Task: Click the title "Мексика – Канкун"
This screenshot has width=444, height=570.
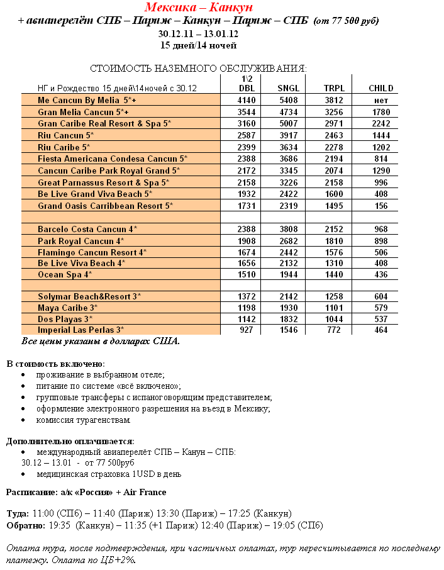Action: (x=199, y=8)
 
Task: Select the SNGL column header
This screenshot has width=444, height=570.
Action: (x=289, y=89)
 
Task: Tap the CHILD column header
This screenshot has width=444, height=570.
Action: (x=381, y=89)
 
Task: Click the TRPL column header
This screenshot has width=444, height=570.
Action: (x=334, y=89)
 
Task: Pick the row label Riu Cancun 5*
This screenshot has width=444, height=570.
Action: (x=65, y=135)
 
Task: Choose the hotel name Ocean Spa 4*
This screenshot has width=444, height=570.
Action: (x=65, y=275)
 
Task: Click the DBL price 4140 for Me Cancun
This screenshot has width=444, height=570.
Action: (x=247, y=101)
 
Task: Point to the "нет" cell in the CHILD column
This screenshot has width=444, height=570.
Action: (x=381, y=101)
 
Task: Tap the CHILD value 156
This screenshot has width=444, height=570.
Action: (x=381, y=206)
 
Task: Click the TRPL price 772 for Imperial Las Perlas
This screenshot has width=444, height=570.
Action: (x=334, y=330)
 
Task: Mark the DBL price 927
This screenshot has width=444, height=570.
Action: (x=247, y=330)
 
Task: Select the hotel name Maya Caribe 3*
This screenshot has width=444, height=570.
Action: (x=68, y=308)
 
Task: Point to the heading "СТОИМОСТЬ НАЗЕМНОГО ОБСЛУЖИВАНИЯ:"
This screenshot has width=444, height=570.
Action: (x=199, y=68)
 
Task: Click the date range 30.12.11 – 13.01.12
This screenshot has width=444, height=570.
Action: (x=198, y=33)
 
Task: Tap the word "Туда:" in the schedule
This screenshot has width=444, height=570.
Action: (x=18, y=513)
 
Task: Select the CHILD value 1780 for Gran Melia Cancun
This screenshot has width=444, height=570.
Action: (x=381, y=112)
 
